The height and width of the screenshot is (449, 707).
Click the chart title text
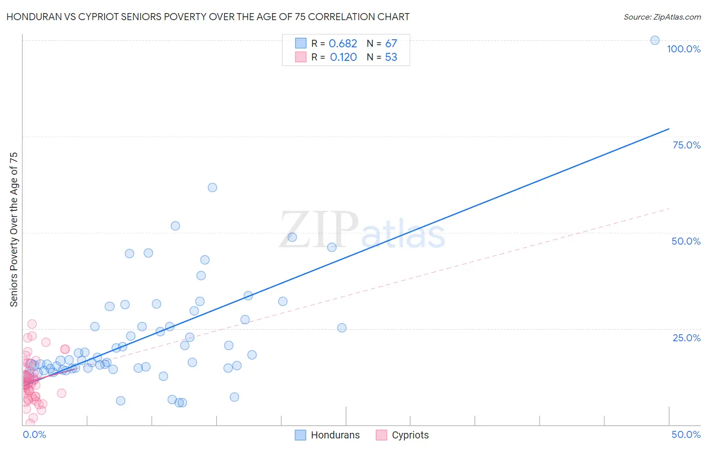coord(208,17)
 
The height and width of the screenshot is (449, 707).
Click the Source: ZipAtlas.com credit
coord(662,17)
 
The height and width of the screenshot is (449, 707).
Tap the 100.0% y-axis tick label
coord(683,49)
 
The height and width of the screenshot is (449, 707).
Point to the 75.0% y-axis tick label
coord(686,145)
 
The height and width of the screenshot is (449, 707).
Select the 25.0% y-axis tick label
coord(686,337)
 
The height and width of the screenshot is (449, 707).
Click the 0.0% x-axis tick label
coord(34,434)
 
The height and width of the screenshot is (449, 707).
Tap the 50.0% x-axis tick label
coord(686,434)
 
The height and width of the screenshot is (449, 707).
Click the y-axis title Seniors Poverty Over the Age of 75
coord(14,230)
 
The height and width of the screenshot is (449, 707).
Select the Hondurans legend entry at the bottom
coord(327,435)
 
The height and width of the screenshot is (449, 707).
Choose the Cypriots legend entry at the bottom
coord(402,435)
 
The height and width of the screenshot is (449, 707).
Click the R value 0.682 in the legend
coord(343,44)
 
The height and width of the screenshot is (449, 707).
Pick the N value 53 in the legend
coord(391,57)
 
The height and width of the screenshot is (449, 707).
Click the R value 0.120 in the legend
coord(343,57)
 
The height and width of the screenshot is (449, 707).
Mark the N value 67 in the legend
coord(391,44)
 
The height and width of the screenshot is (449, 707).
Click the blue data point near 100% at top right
coord(655,40)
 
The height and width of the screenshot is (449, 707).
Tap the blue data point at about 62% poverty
coord(212,187)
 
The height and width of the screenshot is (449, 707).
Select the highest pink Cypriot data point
coord(32,324)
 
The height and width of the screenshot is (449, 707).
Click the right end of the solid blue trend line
coord(669,129)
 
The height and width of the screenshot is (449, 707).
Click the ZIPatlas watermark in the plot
coord(362,231)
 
